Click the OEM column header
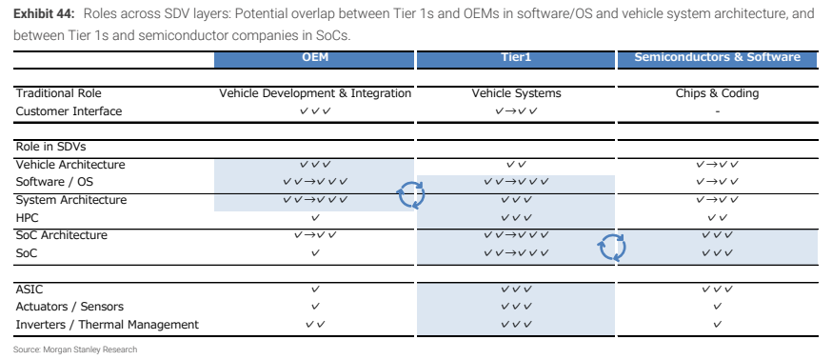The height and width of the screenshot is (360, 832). point(315,57)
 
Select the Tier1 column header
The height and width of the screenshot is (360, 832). point(515,57)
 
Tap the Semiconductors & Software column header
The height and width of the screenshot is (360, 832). point(717,57)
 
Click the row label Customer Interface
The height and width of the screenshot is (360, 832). point(69,111)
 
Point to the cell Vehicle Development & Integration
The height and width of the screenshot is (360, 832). point(315,93)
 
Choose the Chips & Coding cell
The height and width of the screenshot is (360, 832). point(717,93)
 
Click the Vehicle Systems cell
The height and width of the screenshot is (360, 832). point(516,93)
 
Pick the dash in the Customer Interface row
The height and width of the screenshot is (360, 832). point(718,111)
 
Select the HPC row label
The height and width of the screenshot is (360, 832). point(27,218)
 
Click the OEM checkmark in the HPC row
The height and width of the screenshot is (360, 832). point(315,218)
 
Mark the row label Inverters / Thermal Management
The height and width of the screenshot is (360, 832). point(108,325)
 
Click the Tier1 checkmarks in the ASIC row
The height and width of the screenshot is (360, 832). point(516,290)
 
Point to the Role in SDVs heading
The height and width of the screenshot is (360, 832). point(51,147)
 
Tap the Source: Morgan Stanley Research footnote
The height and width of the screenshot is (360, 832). point(75,350)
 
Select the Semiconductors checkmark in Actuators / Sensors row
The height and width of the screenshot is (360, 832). point(718,307)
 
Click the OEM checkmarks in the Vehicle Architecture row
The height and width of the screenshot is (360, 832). point(315,165)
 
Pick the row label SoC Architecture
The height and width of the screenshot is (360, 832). point(62,235)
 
